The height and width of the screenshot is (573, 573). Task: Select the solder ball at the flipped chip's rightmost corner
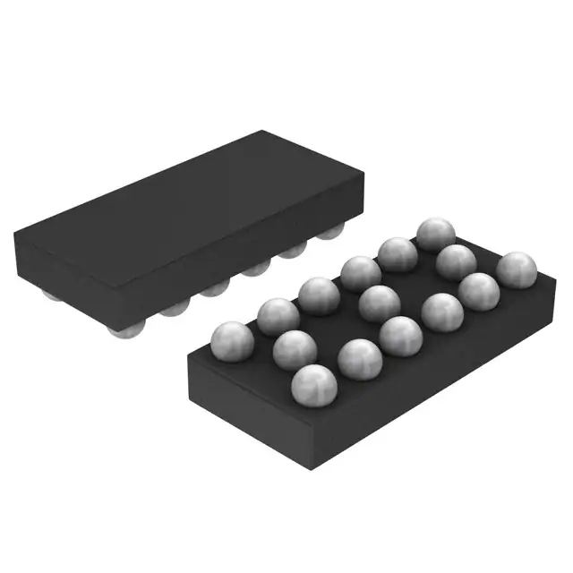(517, 269)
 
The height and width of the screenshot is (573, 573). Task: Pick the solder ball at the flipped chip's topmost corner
(436, 235)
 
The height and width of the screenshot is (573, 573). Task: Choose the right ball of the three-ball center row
(457, 262)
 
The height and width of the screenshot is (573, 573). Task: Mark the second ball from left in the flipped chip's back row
(278, 316)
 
